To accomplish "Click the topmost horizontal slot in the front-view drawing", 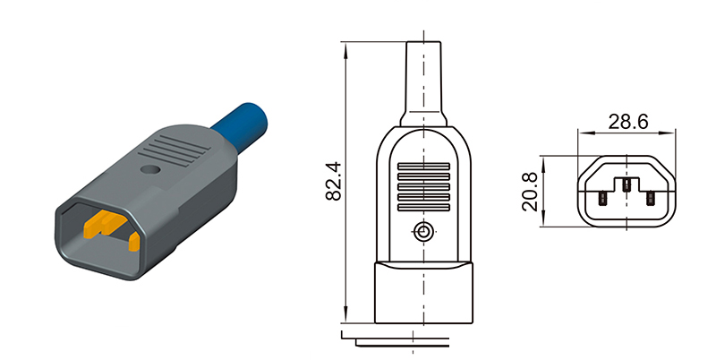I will point(423,166).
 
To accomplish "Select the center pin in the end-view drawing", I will point(627,185).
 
